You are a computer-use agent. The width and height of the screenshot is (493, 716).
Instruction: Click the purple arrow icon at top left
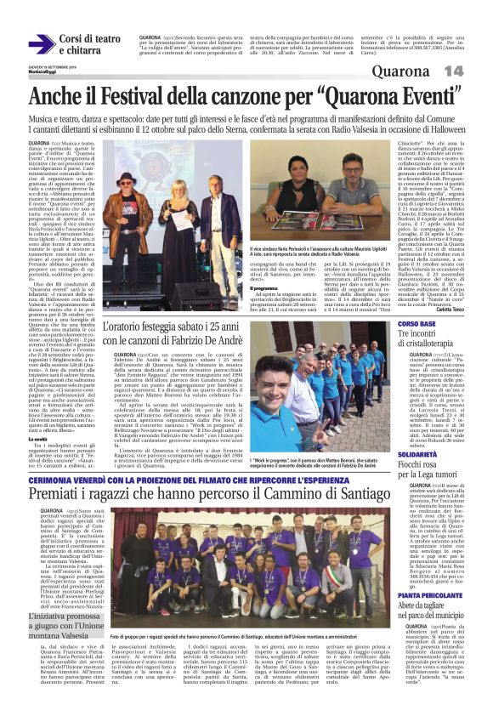pyautogui.click(x=41, y=45)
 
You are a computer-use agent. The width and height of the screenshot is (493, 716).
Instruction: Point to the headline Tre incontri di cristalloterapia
pyautogui.click(x=433, y=341)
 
